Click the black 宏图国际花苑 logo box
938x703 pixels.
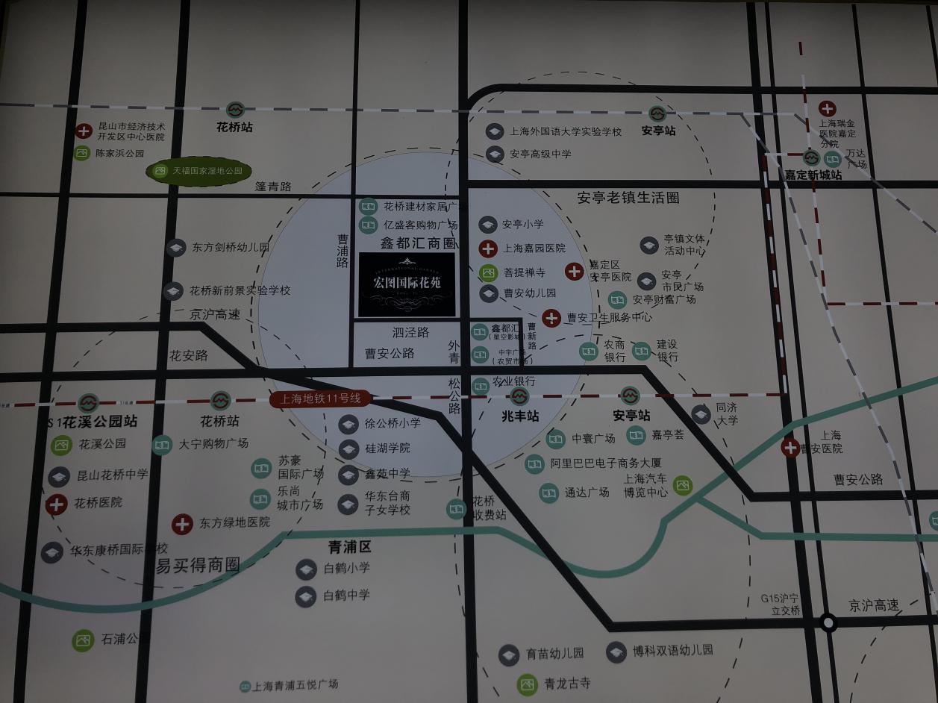coord(407,284)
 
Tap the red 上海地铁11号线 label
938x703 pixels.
coord(321,399)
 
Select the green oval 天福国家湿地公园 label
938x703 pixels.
coord(198,171)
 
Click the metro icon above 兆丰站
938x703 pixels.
coord(519,396)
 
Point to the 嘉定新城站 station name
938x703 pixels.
coord(813,175)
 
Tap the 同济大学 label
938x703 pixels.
coord(726,414)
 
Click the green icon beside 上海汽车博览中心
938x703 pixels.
coord(682,486)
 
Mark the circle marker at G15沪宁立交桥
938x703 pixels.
coord(828,622)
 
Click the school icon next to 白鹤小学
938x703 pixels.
coord(306,569)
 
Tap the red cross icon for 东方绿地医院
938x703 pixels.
coord(182,524)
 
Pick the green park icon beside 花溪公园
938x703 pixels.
coord(60,446)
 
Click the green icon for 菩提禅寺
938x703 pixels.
coord(488,272)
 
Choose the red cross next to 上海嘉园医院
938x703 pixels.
coord(488,249)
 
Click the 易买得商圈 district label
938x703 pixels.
coord(198,565)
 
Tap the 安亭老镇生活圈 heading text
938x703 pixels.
coord(628,199)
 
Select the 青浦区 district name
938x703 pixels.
coord(349,547)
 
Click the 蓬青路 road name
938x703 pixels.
coord(272,187)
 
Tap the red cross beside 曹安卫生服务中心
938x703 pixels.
coord(551,318)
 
